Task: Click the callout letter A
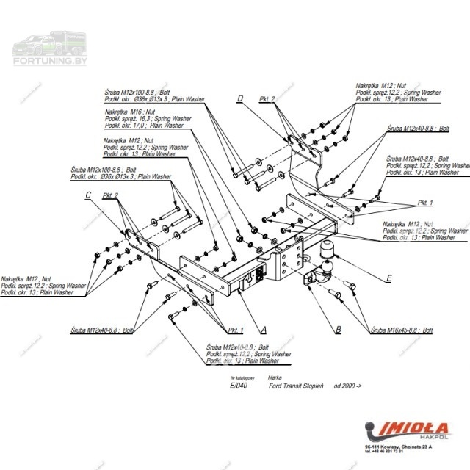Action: tap(263, 330)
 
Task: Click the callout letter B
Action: tap(338, 330)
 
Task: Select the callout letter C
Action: tap(88, 195)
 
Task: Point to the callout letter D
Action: tap(240, 98)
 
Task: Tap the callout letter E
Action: tap(388, 278)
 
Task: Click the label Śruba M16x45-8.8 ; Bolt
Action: tap(402, 332)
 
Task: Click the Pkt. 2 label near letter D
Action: tap(267, 99)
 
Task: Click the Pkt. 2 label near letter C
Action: tap(112, 195)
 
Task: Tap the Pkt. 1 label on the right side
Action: tap(426, 202)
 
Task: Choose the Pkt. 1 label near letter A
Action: tap(236, 330)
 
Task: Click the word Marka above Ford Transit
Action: tap(275, 377)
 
